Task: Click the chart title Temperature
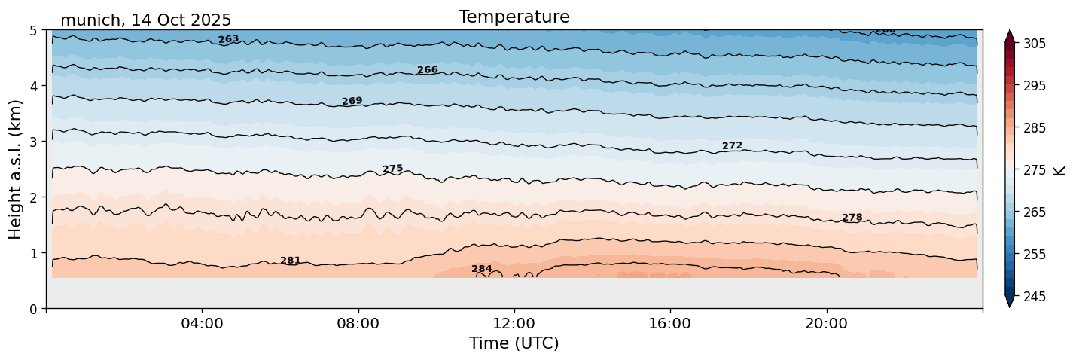[514, 17]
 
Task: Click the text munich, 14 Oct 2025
[145, 20]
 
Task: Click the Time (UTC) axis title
[514, 343]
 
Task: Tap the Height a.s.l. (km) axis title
[16, 169]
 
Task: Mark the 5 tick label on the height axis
[33, 30]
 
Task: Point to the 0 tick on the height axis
[33, 309]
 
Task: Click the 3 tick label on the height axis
[33, 142]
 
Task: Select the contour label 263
[228, 39]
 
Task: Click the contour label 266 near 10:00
[427, 70]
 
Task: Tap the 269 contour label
[352, 101]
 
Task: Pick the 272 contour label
[732, 145]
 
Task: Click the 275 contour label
[392, 169]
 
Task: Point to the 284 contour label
[481, 269]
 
